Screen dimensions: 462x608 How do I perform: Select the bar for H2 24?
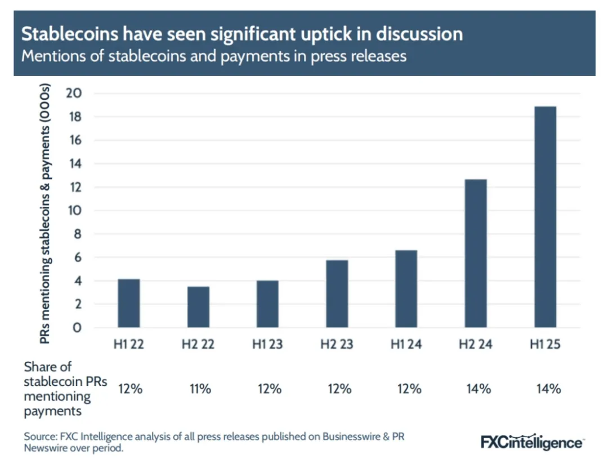coord(476,254)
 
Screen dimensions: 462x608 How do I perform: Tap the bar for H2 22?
coord(199,307)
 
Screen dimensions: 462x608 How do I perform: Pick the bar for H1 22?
coord(129,303)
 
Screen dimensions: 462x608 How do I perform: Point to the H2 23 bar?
coord(337,294)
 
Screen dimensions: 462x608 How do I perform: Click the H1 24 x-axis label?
coord(406,344)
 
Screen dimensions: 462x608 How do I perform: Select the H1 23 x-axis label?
coord(268,344)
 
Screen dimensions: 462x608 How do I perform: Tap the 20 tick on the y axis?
coord(74,94)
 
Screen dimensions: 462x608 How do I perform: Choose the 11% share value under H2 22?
coord(199,389)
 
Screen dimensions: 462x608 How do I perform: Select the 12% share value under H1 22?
coord(129,389)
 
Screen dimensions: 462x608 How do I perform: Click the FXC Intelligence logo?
coord(532,442)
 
